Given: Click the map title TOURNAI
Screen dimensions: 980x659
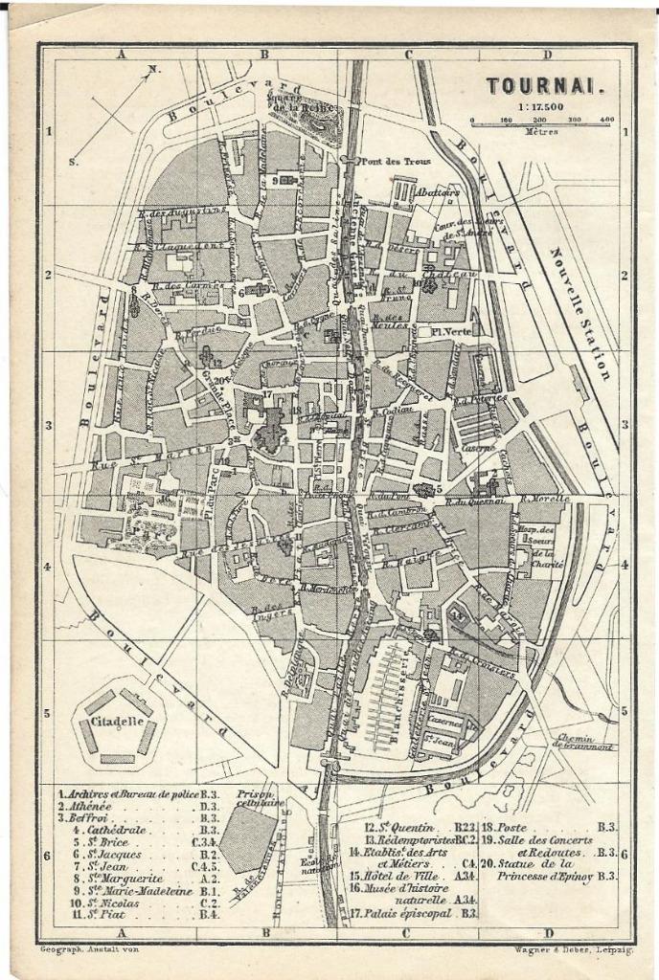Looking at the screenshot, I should click(545, 85).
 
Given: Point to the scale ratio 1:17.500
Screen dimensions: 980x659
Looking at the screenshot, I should click(541, 106).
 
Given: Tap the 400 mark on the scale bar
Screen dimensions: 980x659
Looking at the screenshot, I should click(606, 120).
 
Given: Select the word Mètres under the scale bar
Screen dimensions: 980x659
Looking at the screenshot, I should click(541, 132).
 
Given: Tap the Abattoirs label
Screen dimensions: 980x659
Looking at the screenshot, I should click(438, 191).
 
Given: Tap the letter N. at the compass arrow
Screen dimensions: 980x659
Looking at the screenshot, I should click(154, 69).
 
